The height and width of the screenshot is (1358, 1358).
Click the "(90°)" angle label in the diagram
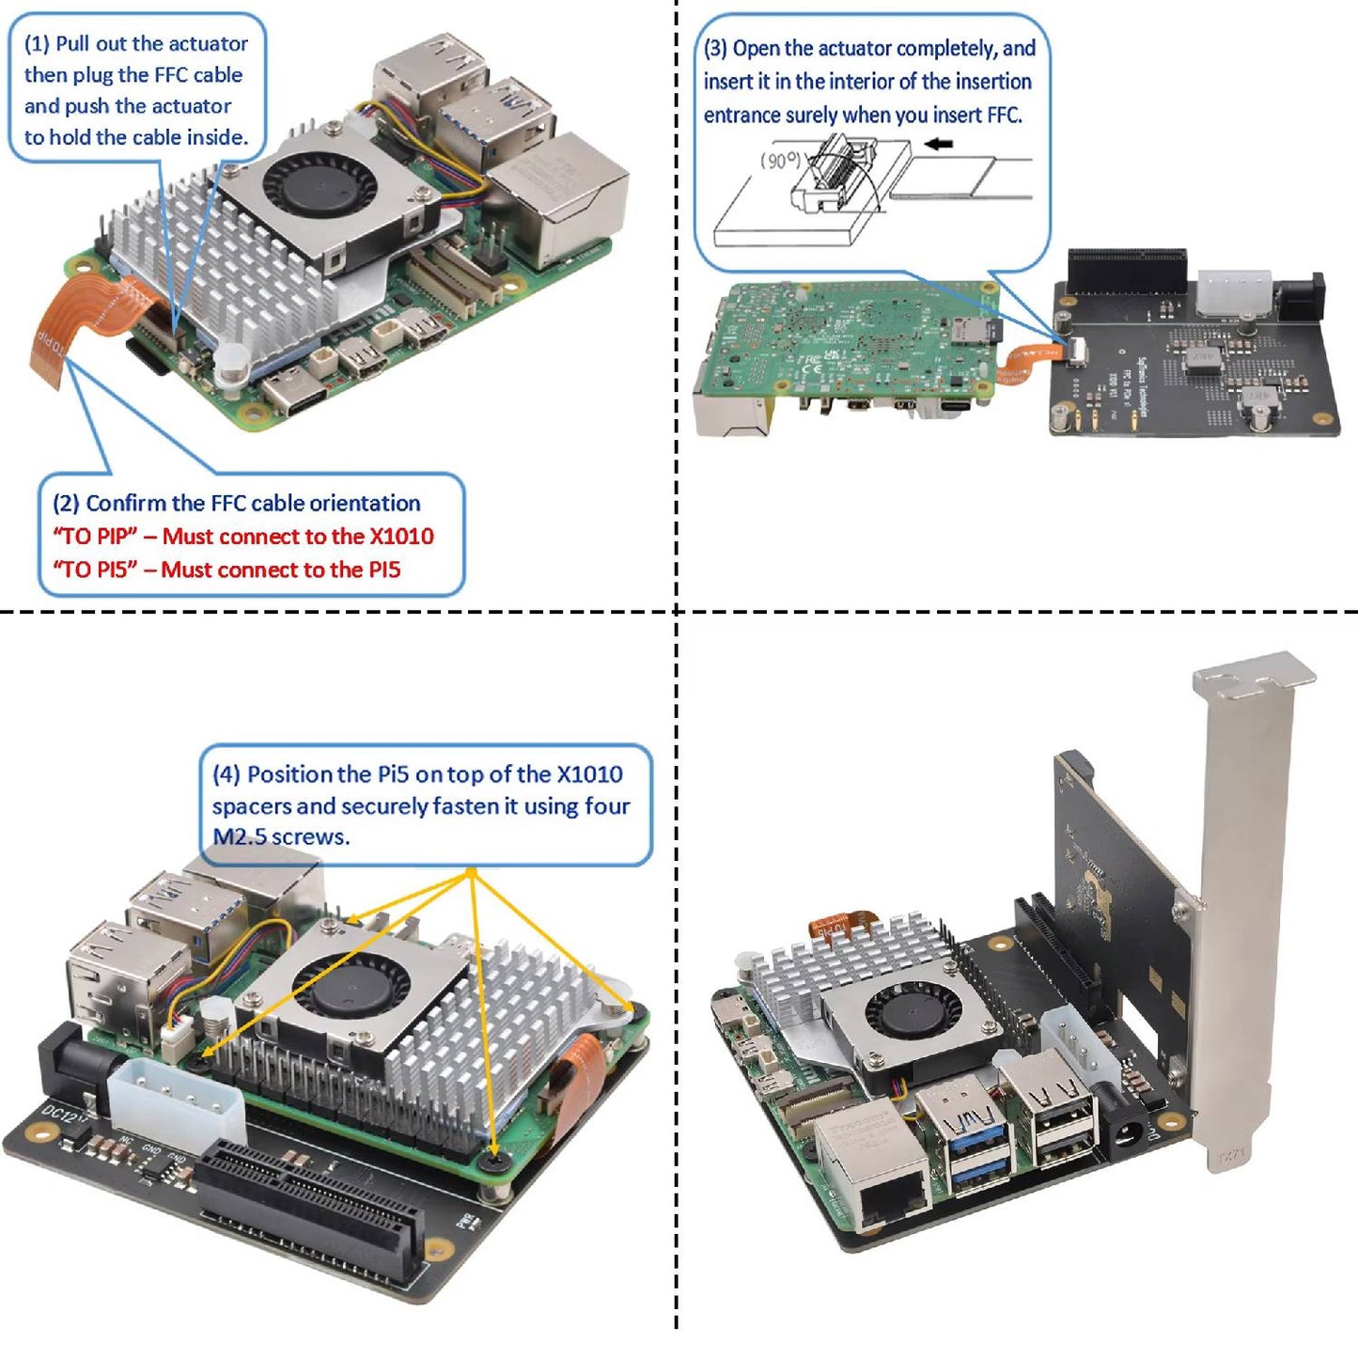(x=780, y=161)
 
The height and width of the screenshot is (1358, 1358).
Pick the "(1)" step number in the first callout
(x=37, y=44)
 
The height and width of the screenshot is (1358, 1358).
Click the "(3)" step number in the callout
(x=716, y=49)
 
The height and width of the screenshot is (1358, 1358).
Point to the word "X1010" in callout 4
(x=589, y=774)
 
